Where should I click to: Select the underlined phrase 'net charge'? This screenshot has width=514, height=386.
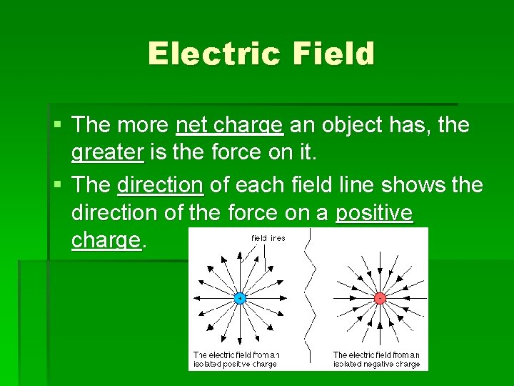point(229,126)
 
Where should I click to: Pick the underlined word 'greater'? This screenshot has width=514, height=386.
point(107,153)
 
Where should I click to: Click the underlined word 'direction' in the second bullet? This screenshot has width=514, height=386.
point(160,185)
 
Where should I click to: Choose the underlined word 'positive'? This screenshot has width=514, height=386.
point(374,213)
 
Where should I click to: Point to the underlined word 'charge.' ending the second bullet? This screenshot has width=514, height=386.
point(107,240)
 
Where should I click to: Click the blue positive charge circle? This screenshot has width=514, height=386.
point(240,297)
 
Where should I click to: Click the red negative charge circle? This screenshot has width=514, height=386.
point(380,297)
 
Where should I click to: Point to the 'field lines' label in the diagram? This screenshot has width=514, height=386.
point(268,238)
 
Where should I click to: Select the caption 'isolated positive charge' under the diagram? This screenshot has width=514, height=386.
point(236,364)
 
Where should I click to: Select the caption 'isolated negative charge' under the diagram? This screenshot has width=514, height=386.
point(376,364)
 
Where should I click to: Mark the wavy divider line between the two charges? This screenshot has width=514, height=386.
point(309,300)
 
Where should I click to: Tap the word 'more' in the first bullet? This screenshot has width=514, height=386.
point(140,126)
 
